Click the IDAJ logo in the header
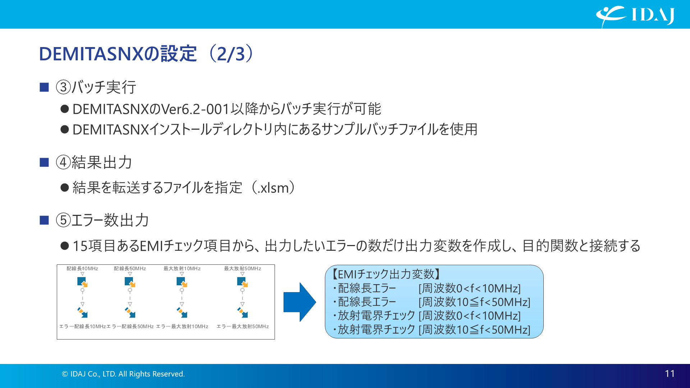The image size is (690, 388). (635, 15)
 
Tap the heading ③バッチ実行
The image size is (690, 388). (96, 87)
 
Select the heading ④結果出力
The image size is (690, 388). (94, 162)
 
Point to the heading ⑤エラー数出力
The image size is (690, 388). (102, 220)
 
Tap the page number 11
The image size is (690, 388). (670, 374)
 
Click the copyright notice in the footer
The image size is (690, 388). (123, 374)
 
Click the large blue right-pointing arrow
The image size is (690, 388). (299, 302)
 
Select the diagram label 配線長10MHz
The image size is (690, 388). (82, 269)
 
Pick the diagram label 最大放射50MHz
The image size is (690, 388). (243, 269)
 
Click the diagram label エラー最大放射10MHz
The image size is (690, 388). (182, 327)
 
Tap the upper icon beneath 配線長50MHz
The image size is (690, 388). (130, 282)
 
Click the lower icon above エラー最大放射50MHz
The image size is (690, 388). (243, 313)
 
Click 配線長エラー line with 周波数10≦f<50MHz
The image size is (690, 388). (431, 302)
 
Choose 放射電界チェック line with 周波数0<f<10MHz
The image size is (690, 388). (428, 316)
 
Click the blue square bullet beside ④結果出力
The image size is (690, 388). (44, 162)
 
